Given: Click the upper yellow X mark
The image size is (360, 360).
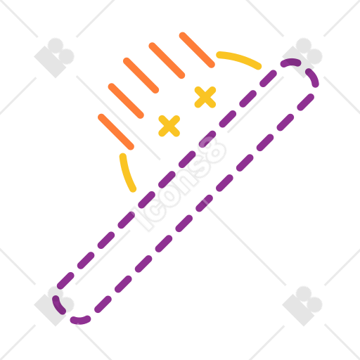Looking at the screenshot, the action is click(205, 97).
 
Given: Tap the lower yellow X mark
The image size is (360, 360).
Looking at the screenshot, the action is click(169, 126).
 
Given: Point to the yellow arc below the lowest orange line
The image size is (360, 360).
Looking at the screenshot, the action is click(127, 173).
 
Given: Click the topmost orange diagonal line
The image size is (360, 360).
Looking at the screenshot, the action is click(197, 50).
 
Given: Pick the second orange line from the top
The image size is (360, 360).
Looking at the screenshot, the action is click(167, 60).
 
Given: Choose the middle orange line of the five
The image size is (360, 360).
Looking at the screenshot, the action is click(141, 75).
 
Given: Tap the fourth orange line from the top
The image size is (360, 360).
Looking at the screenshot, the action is click(126, 101).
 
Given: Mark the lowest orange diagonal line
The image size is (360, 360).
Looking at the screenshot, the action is click(116, 131).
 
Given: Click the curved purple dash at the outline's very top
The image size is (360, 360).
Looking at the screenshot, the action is click(290, 63).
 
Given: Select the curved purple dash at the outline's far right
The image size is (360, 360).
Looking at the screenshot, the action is click(313, 77).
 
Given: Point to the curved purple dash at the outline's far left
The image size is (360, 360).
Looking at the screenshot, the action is click(58, 305).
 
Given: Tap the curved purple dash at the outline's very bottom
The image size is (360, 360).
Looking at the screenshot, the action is click(80, 320).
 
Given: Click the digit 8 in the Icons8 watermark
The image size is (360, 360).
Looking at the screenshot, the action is click(212, 150).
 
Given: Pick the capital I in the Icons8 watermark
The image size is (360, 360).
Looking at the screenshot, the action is click(142, 219).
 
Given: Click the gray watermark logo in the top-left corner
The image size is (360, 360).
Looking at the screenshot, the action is click(54, 58).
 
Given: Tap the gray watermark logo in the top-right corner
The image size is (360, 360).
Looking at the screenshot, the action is click(302, 58).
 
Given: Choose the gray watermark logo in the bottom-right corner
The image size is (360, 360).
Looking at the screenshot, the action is click(302, 306).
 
